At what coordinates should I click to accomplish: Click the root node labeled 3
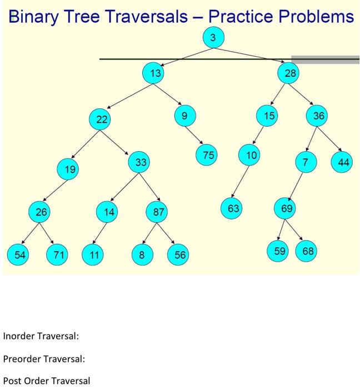[x=213, y=38]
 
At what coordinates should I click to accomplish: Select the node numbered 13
[x=153, y=73]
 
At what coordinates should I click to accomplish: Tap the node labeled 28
[x=291, y=73]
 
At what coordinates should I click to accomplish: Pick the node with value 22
[x=101, y=119]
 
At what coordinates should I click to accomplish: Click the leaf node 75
[x=208, y=156]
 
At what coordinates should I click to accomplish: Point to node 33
[x=141, y=163]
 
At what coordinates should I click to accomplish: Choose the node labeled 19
[x=69, y=168]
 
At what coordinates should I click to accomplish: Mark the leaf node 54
[x=20, y=255]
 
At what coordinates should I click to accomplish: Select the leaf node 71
[x=57, y=255]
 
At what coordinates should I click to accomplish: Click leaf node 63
[x=233, y=208]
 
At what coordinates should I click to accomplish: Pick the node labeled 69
[x=286, y=208]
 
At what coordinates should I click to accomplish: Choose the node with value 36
[x=318, y=116]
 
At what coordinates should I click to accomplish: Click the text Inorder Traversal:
[x=41, y=336]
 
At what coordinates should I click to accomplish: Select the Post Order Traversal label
[x=46, y=381]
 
